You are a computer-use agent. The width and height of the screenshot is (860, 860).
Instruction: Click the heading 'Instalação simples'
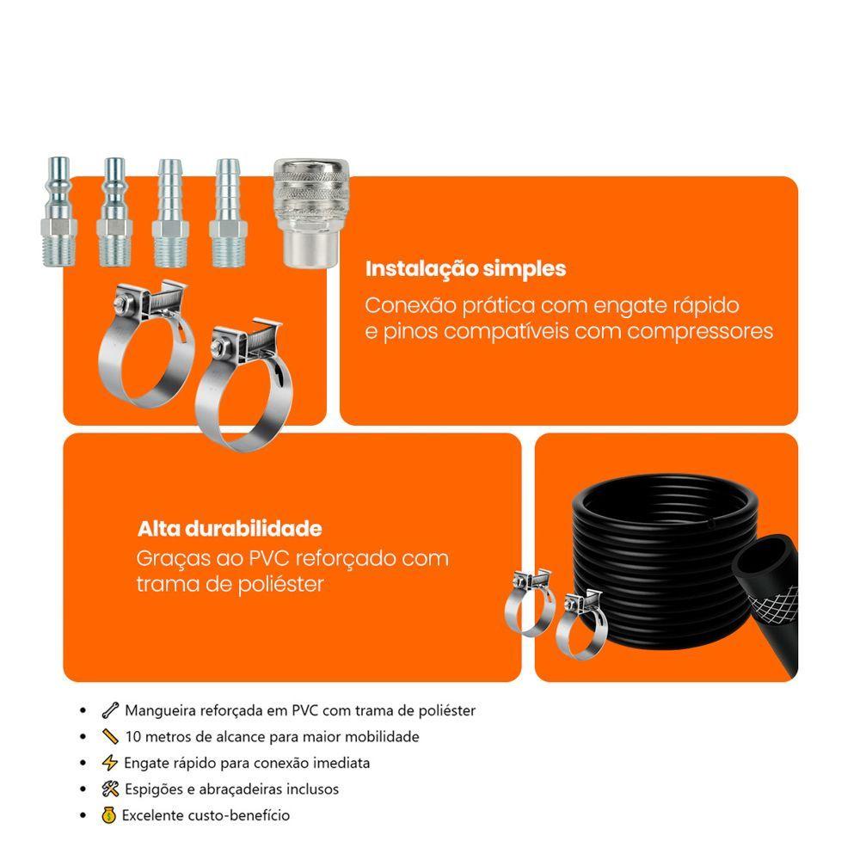point(465,269)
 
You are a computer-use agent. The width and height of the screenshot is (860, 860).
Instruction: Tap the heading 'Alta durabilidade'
point(230,529)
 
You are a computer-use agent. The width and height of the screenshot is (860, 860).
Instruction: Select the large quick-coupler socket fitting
point(311,213)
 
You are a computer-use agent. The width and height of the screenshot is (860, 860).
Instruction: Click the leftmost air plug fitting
point(58,212)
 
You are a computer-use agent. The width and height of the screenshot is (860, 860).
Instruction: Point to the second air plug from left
point(114,212)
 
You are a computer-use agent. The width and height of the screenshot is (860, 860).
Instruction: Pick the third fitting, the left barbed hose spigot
point(170,213)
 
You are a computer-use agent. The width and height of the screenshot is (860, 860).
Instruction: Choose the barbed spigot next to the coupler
point(228,213)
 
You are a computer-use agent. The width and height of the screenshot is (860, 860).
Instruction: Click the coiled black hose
point(665,565)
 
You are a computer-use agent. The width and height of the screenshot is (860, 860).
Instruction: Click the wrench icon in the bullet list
point(110,710)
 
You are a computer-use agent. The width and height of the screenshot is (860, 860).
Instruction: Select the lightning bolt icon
point(110,762)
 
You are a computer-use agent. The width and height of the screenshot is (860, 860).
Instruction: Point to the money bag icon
point(108,815)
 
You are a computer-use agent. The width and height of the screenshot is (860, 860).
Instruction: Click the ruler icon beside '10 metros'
point(110,736)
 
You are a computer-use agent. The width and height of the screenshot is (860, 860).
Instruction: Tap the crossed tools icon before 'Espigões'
point(110,789)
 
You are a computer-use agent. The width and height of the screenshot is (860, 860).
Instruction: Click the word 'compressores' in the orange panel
point(700,332)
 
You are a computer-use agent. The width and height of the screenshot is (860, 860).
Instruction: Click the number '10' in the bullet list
point(133,737)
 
